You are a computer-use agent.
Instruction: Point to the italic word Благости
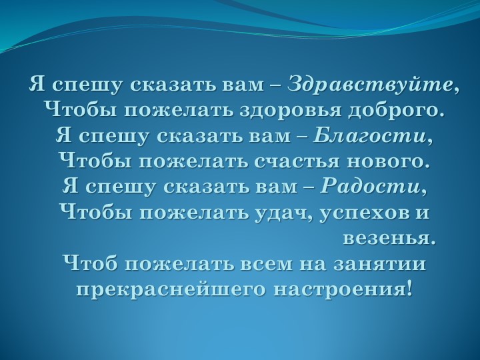(370, 136)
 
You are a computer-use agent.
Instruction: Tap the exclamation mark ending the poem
(408, 289)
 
